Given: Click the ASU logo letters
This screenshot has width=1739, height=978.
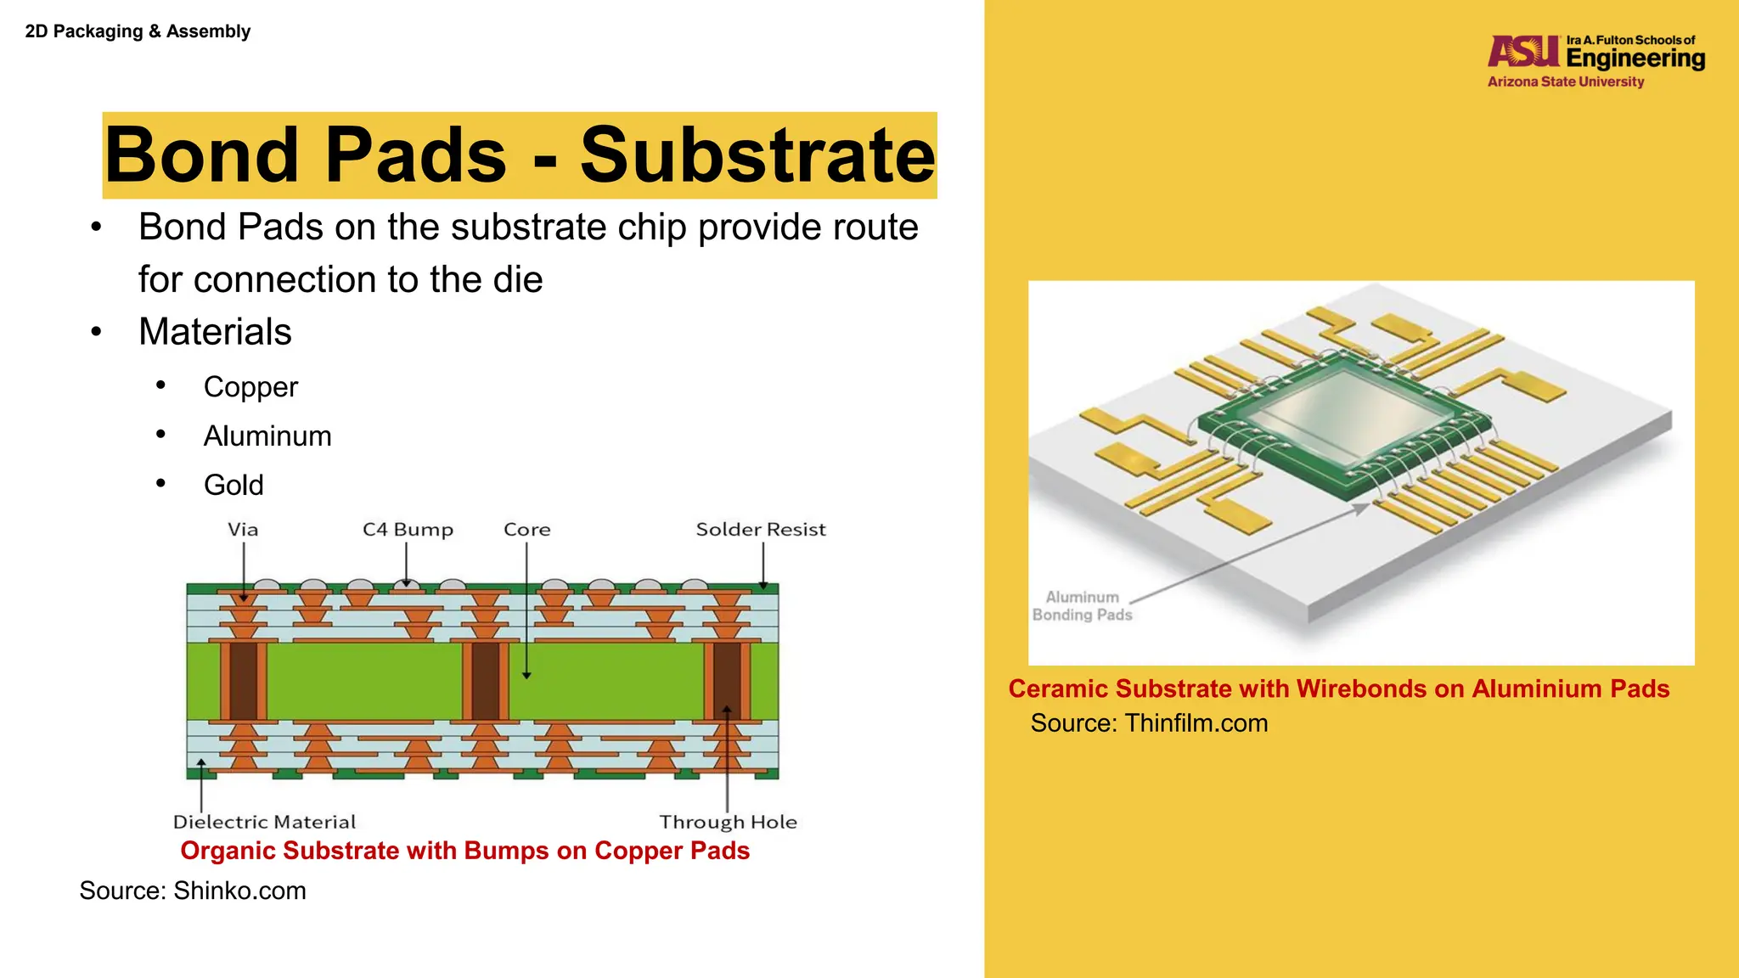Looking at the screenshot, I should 1523,52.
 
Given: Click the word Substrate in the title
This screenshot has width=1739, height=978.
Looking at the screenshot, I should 757,155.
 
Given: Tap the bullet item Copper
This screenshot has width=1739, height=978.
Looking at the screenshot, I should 250,387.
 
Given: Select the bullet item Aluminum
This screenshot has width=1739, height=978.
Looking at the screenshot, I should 267,436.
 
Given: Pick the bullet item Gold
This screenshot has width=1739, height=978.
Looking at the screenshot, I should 234,486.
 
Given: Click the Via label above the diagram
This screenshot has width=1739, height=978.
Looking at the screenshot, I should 243,530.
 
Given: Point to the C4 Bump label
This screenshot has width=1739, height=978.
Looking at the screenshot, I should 408,530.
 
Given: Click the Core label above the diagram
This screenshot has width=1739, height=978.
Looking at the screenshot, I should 526,530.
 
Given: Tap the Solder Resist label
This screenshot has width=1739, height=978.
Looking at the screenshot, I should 761,530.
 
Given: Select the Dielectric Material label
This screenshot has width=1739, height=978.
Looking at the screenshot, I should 264,822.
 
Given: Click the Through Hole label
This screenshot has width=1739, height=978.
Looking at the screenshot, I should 728,822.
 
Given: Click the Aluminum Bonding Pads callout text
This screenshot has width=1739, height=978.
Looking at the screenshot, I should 1082,606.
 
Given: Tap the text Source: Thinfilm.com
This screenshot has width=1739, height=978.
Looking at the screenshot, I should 1149,723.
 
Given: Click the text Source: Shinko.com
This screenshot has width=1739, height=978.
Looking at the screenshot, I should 193,891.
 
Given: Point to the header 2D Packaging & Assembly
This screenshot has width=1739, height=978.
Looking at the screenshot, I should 138,31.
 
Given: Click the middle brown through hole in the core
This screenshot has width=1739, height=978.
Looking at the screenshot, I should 486,681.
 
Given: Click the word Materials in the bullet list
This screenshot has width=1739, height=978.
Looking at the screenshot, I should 215,332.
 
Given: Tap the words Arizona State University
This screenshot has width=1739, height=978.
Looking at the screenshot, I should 1565,82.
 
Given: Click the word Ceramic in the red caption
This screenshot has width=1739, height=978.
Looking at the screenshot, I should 1057,689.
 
